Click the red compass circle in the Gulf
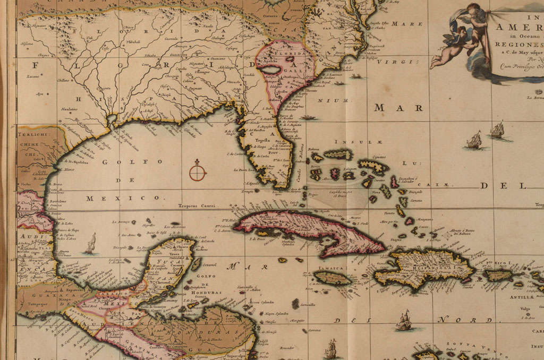[197, 172]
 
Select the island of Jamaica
[332, 277]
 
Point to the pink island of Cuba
[313, 232]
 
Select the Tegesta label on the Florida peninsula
[260, 141]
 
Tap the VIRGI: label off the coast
[393, 62]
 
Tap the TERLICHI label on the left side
[34, 135]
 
